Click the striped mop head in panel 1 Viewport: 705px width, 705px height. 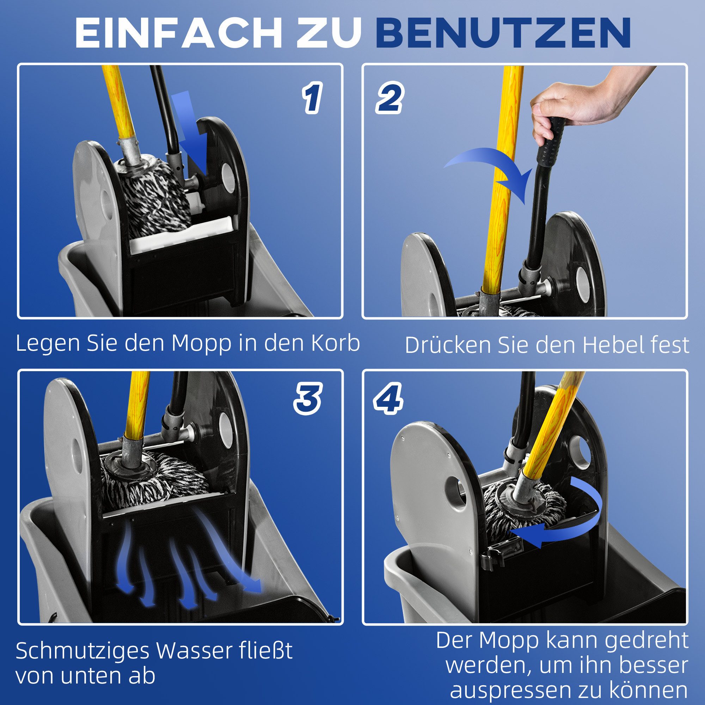153,197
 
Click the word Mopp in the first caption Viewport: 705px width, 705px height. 202,344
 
